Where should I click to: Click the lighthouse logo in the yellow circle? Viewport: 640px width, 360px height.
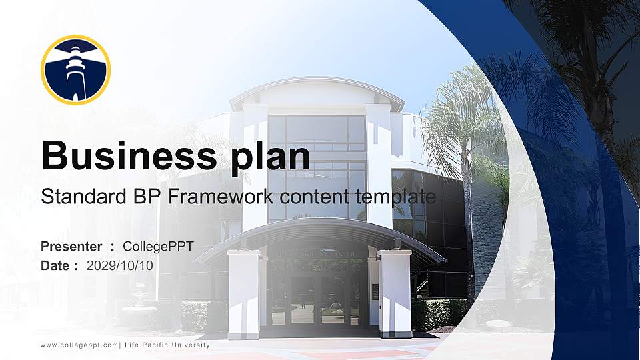coord(75,70)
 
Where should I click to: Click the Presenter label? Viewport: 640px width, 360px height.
coord(71,247)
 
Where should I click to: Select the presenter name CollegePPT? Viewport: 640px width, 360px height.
coord(158,247)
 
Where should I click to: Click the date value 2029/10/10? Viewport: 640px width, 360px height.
coord(120,265)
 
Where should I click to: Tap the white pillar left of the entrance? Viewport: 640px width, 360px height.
coord(243,293)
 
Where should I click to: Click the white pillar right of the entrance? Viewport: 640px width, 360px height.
coord(395,293)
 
